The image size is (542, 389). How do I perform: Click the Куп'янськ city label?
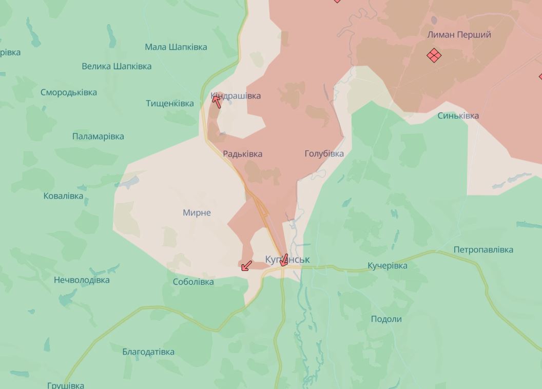tap(287, 260)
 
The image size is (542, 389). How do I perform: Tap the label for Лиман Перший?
tap(459, 34)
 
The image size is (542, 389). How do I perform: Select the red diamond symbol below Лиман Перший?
tap(434, 55)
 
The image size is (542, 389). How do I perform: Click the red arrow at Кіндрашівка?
tap(217, 101)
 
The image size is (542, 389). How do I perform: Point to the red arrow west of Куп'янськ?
tap(246, 265)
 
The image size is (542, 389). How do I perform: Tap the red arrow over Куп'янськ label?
tap(283, 260)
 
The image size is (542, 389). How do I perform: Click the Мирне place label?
tap(197, 212)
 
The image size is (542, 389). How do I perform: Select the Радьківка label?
tap(242, 153)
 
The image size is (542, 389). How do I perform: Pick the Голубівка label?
tap(324, 153)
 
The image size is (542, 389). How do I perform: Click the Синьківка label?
tap(458, 115)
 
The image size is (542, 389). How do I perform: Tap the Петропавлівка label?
tap(483, 249)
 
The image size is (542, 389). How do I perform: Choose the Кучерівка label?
tap(387, 265)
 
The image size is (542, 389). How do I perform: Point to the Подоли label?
tap(386, 319)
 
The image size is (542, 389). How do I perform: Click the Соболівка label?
tap(193, 282)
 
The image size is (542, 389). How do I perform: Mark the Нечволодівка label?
tap(82, 280)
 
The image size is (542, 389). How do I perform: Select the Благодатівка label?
tap(148, 352)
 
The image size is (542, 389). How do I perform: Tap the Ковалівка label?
tap(63, 196)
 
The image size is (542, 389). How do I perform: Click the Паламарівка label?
tap(98, 136)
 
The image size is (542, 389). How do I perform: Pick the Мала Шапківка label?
tap(176, 47)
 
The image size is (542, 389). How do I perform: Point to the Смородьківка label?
tap(68, 92)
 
